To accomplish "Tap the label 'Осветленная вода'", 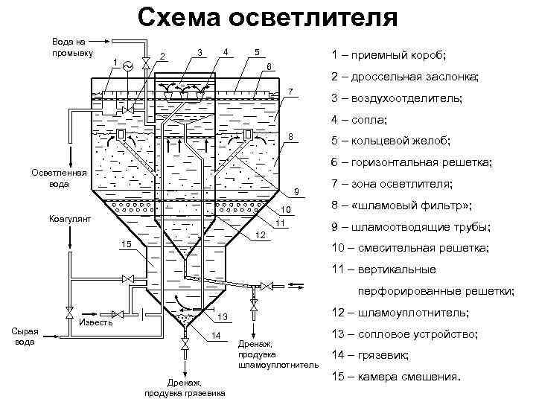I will tap(58, 179).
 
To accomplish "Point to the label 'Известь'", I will tap(96, 322).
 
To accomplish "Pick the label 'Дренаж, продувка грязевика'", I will tap(187, 387).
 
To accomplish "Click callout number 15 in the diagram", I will tap(126, 245).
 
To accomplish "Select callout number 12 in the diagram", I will tap(261, 236).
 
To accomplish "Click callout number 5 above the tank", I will tap(256, 52).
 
